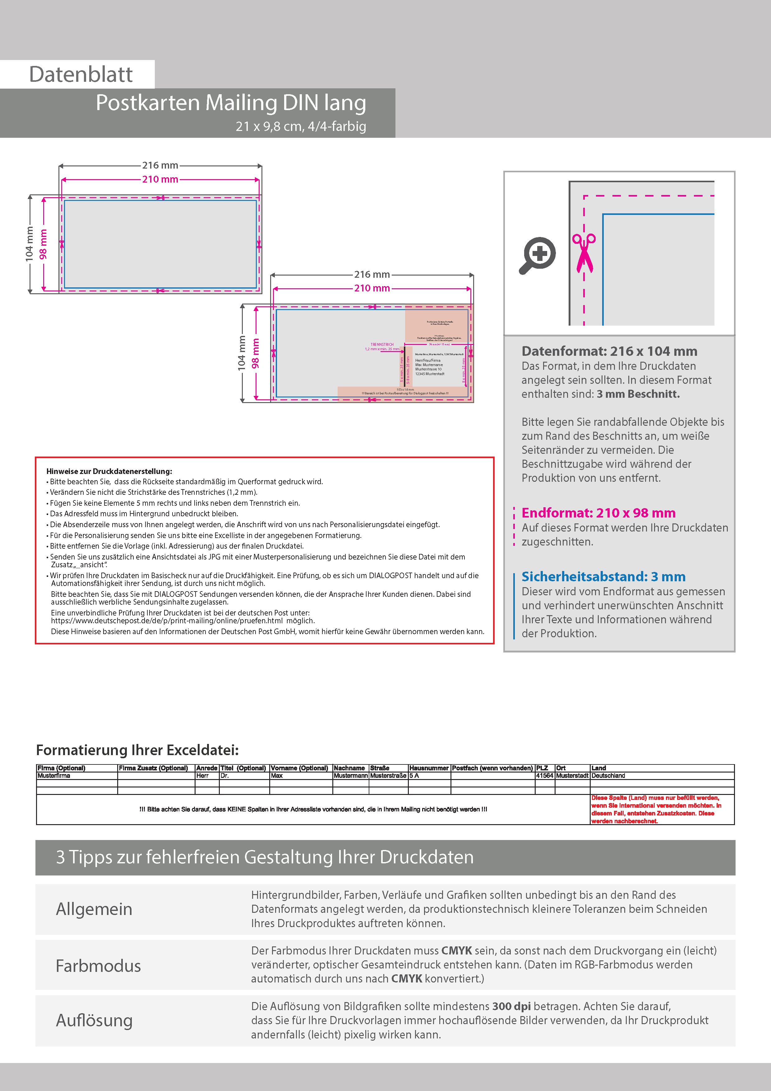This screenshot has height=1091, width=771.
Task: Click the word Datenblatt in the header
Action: [x=81, y=75]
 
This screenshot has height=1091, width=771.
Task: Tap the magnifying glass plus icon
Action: [x=537, y=255]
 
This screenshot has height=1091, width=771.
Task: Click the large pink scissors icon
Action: [x=584, y=253]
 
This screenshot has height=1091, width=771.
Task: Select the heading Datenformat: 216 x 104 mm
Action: [x=609, y=351]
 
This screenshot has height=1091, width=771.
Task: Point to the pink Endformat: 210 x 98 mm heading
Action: [x=598, y=513]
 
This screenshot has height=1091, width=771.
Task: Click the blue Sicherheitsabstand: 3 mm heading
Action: [x=603, y=576]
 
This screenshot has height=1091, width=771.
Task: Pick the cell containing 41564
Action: [x=544, y=775]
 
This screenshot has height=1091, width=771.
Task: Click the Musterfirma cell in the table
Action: [x=54, y=775]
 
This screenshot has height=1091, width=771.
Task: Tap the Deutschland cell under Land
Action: [x=608, y=775]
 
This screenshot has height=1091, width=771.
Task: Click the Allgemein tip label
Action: [x=94, y=909]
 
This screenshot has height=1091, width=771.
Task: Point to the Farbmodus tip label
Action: [x=98, y=966]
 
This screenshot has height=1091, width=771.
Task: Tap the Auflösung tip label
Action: [x=94, y=1020]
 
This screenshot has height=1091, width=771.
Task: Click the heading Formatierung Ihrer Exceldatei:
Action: [x=137, y=750]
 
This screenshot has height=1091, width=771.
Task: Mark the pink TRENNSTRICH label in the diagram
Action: [x=382, y=345]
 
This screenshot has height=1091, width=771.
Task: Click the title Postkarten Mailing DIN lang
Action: [x=231, y=103]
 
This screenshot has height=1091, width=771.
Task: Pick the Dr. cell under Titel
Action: [x=225, y=775]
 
